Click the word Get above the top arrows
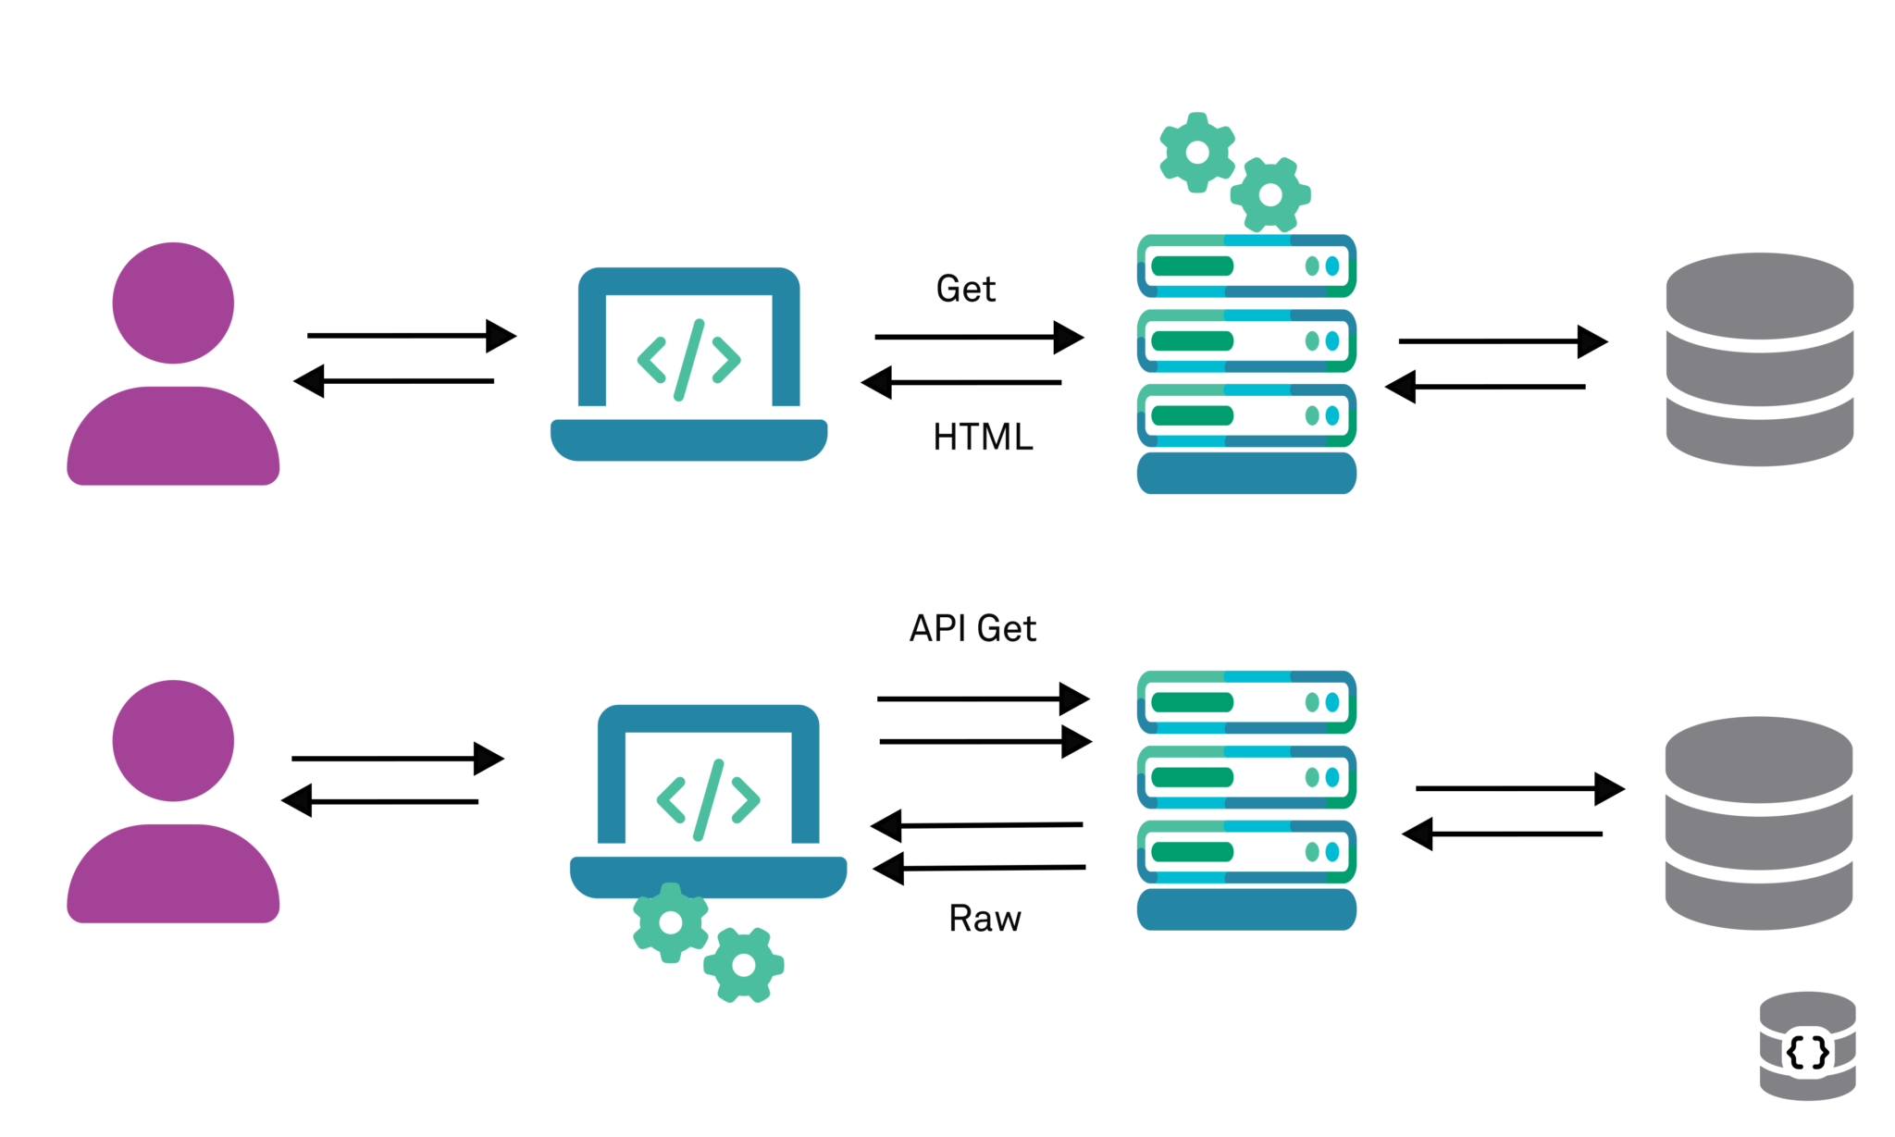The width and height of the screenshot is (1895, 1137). (965, 289)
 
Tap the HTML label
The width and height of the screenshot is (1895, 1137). (983, 437)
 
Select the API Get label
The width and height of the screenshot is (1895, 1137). (972, 628)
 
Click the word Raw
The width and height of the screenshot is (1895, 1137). (985, 919)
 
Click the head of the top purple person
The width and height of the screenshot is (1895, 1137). (173, 303)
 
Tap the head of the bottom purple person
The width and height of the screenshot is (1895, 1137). (173, 740)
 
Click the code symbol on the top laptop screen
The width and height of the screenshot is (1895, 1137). (688, 360)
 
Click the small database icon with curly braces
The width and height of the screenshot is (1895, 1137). (1806, 1047)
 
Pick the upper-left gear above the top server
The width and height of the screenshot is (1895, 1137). (1197, 153)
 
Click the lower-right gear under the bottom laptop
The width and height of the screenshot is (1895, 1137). (744, 965)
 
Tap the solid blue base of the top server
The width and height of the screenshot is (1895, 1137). (1245, 473)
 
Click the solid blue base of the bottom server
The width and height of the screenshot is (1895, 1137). (1245, 909)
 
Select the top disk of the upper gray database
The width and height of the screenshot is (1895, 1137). (1759, 296)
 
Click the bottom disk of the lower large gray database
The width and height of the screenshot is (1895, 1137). (1758, 897)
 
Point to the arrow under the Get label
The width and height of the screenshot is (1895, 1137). (978, 338)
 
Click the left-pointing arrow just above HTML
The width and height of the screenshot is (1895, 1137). (962, 382)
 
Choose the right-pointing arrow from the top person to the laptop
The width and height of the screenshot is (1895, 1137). (411, 336)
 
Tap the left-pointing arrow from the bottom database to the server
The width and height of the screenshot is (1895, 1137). (1502, 834)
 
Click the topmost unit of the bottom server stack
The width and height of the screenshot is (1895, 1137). (1245, 702)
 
